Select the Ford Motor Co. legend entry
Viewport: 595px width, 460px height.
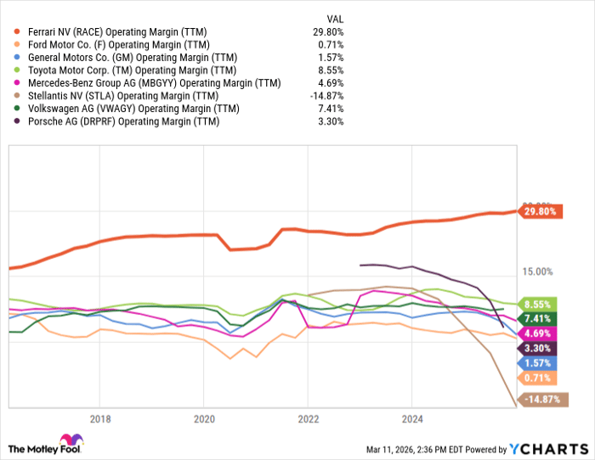click(120, 45)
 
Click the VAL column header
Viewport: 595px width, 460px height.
click(335, 18)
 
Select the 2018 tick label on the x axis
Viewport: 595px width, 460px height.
click(100, 418)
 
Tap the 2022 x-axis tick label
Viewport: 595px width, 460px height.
click(308, 418)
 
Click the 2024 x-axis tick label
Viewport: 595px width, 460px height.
click(411, 418)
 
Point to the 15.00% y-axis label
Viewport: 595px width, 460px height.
click(536, 272)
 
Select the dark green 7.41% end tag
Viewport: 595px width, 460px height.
click(537, 318)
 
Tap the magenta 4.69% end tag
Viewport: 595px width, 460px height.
click(537, 334)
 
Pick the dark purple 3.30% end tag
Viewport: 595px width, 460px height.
click(537, 348)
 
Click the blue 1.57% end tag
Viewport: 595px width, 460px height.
click(537, 362)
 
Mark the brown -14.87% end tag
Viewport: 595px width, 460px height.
click(541, 399)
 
